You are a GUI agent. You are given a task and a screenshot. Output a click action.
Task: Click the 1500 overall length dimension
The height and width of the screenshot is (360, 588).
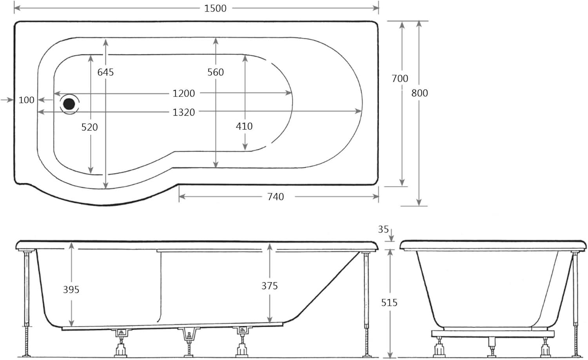[x=215, y=8]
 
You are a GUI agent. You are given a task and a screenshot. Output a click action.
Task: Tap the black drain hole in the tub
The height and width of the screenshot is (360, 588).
[x=69, y=103]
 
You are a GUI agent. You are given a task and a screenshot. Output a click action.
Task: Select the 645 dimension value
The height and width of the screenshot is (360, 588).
[x=105, y=72]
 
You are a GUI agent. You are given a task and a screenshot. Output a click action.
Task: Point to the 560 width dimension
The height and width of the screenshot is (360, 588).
[x=216, y=72]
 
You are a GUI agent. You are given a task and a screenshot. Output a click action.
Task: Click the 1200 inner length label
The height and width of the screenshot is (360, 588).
[x=184, y=93]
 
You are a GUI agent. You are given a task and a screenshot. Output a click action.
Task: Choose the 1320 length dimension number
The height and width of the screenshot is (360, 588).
[x=184, y=112]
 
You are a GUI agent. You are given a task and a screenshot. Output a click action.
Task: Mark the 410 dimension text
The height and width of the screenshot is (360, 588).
[x=244, y=126]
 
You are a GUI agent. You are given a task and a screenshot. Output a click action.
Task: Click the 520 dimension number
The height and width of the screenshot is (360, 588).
[x=90, y=127]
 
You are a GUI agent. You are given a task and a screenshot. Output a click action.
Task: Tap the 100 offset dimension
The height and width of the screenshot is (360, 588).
[x=27, y=100]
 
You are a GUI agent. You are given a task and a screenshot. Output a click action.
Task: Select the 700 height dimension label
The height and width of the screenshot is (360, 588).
[x=400, y=79]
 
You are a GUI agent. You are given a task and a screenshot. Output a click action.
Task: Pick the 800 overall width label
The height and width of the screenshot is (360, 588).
[x=420, y=93]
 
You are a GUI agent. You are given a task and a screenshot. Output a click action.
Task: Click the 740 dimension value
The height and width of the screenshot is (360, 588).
[x=276, y=197]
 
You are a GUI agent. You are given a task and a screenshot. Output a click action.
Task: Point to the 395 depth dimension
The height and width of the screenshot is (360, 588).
[x=71, y=289]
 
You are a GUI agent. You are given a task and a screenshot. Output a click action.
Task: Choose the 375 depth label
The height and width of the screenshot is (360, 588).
[x=270, y=286]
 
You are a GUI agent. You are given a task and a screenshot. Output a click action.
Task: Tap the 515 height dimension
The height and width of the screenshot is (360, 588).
[x=389, y=302]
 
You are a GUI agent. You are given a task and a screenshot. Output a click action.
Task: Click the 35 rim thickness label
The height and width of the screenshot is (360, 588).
[x=383, y=229]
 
